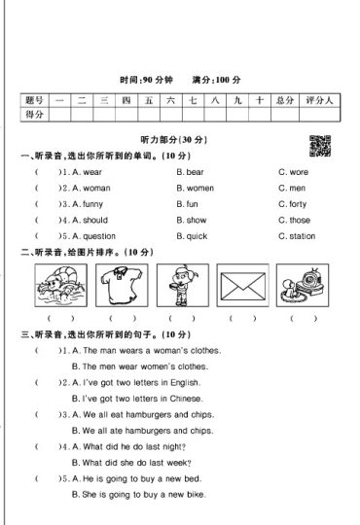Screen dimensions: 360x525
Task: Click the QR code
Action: [x=318, y=146]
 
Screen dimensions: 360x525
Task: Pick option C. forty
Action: [x=292, y=204]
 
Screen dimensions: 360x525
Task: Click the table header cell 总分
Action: [x=284, y=100]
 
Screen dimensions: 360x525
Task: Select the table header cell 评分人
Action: [x=319, y=100]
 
